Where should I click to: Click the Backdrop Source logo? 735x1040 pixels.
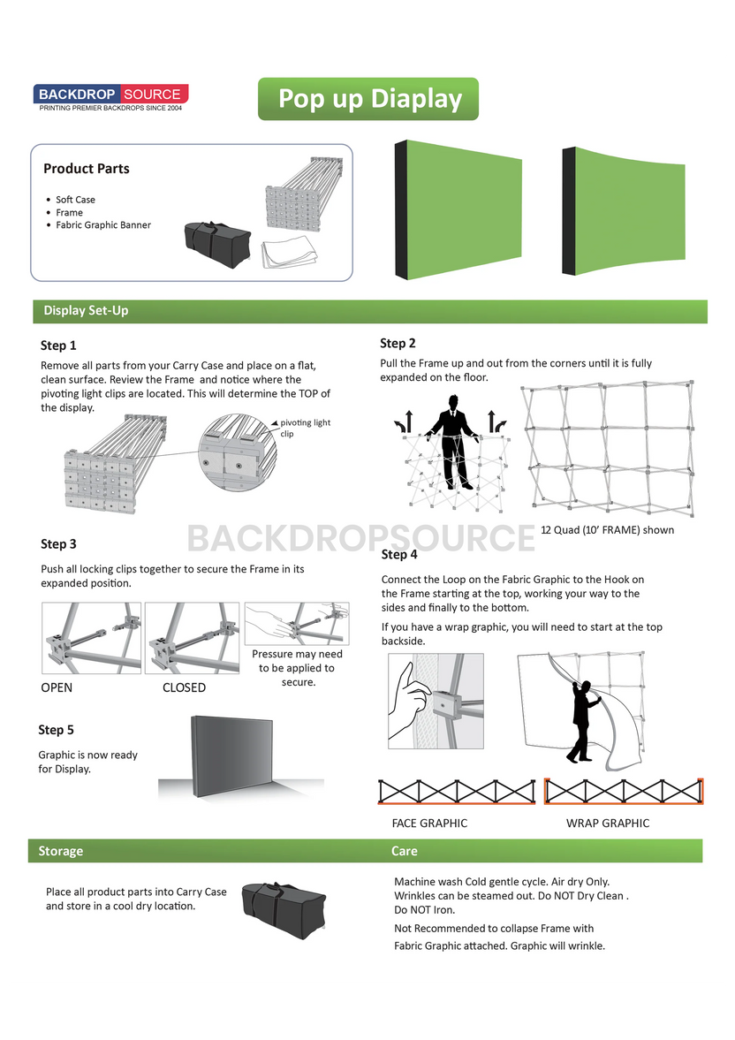tap(110, 97)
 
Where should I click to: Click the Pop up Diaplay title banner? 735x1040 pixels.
tap(368, 99)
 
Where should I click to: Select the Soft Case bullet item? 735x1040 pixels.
tap(75, 200)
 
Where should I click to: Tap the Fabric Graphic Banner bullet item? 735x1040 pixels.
tap(102, 225)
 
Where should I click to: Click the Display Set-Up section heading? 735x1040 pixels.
tap(86, 311)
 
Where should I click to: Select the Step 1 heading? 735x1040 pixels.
tap(58, 345)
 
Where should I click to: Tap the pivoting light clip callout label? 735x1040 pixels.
tap(305, 428)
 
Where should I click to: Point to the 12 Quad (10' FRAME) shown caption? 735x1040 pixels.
tap(607, 530)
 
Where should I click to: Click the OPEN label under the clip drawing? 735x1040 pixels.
tap(57, 687)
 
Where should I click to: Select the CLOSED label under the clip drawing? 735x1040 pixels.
tap(184, 687)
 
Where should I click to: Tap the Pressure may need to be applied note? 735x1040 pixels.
tap(297, 668)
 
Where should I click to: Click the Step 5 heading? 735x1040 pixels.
tap(56, 730)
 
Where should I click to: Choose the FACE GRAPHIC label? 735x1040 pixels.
tap(429, 824)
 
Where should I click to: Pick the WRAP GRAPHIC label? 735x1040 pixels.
tap(607, 824)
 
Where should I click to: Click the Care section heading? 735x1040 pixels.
tap(405, 851)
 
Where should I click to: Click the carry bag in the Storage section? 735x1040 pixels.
tap(283, 907)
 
